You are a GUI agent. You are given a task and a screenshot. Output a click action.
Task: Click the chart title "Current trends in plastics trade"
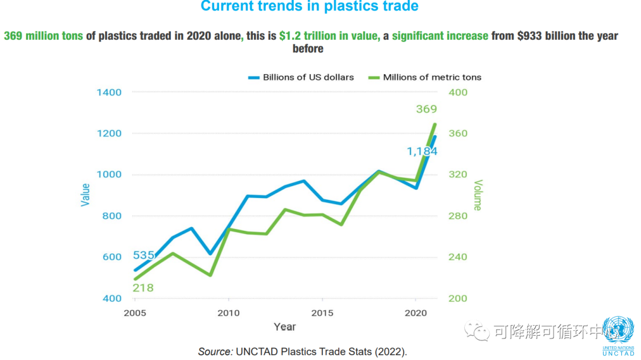309,7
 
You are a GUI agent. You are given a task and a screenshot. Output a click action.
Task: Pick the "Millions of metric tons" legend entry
431,77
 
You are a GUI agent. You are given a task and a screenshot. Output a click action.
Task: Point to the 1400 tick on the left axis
109,93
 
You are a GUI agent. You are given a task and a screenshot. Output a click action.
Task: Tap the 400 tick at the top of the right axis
458,93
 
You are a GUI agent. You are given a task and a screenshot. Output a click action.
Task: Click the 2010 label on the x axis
229,313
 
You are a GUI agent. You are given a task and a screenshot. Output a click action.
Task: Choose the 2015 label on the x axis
322,313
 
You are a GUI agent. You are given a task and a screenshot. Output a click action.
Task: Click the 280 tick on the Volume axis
458,216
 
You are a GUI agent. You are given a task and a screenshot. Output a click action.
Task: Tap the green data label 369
426,109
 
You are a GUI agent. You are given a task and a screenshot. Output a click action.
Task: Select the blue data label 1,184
421,151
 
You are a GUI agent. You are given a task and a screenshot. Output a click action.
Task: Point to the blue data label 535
144,256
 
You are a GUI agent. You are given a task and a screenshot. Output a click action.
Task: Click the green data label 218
142,288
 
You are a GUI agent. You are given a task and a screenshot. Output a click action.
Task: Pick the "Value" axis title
85,195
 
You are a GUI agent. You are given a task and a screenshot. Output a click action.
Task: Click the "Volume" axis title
478,195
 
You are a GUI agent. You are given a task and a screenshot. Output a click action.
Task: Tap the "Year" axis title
285,327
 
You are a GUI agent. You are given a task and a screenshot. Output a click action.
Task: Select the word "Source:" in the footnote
215,352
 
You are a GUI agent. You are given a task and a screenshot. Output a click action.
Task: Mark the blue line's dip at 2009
210,253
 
